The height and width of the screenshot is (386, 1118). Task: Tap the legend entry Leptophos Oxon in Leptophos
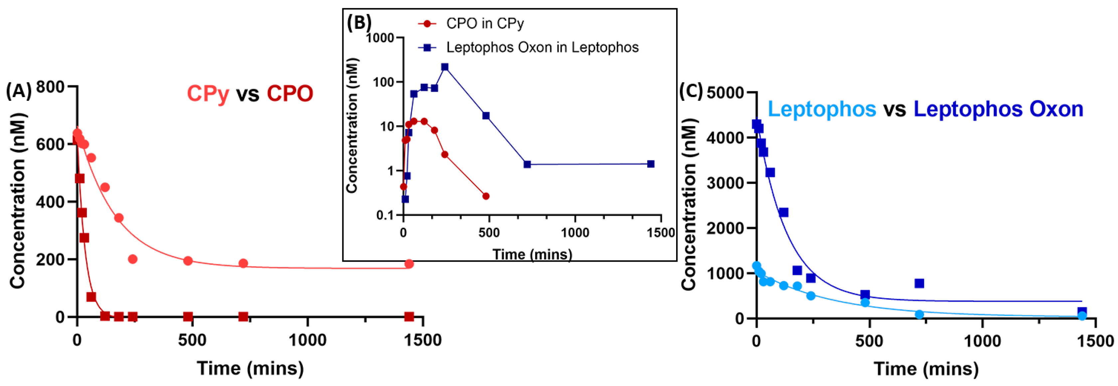[x=542, y=47]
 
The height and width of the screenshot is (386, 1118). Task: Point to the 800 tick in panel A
[x=50, y=87]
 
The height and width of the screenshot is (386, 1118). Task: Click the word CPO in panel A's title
[x=289, y=94]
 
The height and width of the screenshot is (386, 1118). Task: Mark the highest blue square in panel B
[x=445, y=67]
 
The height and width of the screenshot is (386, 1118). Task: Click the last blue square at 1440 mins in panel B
[x=651, y=164]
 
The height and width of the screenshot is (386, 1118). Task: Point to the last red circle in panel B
[x=486, y=196]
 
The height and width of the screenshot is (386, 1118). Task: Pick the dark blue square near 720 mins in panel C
[x=919, y=283]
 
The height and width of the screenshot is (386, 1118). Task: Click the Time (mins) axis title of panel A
[x=251, y=368]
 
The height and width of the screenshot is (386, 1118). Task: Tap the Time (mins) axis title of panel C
[x=926, y=369]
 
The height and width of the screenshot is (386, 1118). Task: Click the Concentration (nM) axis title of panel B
[x=352, y=126]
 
